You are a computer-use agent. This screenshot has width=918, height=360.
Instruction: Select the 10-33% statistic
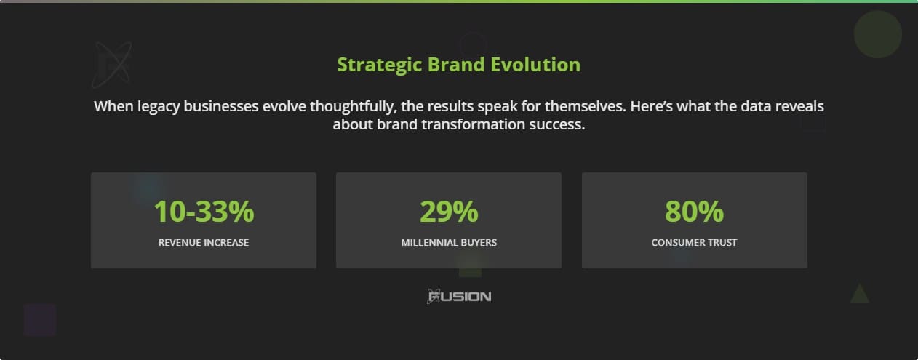pyautogui.click(x=204, y=212)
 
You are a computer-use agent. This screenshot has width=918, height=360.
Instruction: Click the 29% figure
pyautogui.click(x=449, y=212)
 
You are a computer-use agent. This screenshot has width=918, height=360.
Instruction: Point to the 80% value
pyautogui.click(x=694, y=212)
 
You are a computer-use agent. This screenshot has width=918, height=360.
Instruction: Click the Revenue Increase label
pyautogui.click(x=204, y=242)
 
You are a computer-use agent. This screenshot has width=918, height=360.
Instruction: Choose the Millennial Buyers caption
pyautogui.click(x=449, y=242)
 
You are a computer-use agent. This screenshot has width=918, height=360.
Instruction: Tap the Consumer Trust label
pyautogui.click(x=694, y=242)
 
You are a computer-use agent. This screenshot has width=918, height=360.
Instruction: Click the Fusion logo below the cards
pyautogui.click(x=459, y=296)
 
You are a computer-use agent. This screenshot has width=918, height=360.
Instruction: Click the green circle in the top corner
pyautogui.click(x=877, y=34)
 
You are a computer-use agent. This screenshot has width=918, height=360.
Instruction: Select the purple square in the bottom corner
pyautogui.click(x=39, y=319)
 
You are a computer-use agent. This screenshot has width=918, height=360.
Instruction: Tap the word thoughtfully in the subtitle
pyautogui.click(x=351, y=106)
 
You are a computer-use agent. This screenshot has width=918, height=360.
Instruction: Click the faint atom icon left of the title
pyautogui.click(x=111, y=64)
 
